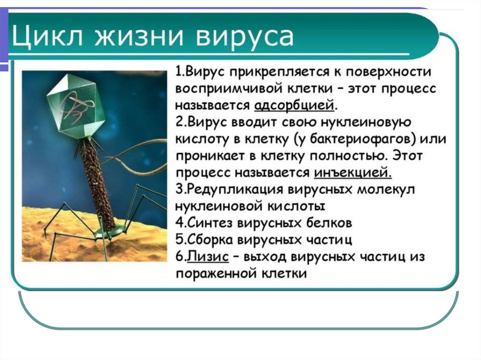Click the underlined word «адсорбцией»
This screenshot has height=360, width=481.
(x=294, y=104)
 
